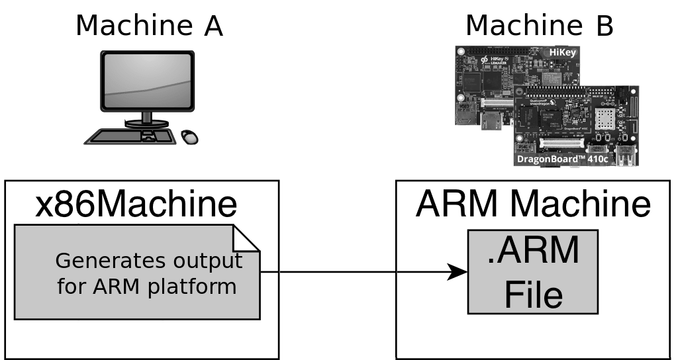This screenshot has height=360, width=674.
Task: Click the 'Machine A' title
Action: pyautogui.click(x=148, y=26)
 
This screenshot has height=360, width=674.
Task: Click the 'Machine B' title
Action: pyautogui.click(x=539, y=26)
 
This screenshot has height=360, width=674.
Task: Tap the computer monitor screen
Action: pyautogui.click(x=147, y=81)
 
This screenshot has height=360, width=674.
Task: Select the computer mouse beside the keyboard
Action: pyautogui.click(x=189, y=136)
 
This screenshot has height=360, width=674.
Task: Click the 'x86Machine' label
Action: pyautogui.click(x=136, y=204)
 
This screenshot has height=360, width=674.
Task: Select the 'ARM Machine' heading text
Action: pyautogui.click(x=533, y=204)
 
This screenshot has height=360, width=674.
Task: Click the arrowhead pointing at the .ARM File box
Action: pyautogui.click(x=456, y=271)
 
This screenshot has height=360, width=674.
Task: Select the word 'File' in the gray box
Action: pyautogui.click(x=533, y=294)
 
